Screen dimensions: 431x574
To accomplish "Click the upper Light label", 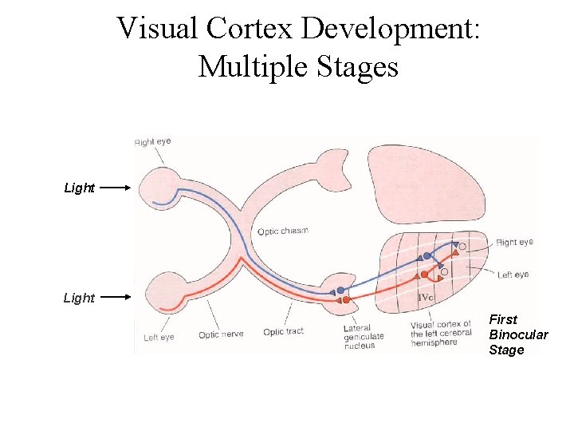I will click(x=79, y=188).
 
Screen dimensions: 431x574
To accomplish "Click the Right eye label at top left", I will click(x=152, y=142).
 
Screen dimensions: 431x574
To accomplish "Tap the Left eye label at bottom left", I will click(x=159, y=337).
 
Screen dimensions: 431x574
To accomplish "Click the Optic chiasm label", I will click(x=282, y=231).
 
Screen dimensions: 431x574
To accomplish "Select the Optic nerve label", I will click(x=221, y=334).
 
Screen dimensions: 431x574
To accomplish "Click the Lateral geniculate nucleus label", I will click(x=364, y=337).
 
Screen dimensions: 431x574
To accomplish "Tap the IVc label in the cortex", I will click(x=427, y=298).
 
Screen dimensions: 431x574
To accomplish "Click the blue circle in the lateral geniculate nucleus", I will click(x=341, y=291).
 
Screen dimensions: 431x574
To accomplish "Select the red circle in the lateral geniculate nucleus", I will click(x=346, y=300).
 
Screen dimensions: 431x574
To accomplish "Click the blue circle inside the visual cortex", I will click(x=427, y=256).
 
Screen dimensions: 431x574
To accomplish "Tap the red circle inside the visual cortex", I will click(x=425, y=275).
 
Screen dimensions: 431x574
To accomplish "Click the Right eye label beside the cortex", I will click(x=514, y=242).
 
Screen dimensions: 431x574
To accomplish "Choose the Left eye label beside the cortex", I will click(x=513, y=275).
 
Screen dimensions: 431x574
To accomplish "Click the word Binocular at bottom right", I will click(x=518, y=334).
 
